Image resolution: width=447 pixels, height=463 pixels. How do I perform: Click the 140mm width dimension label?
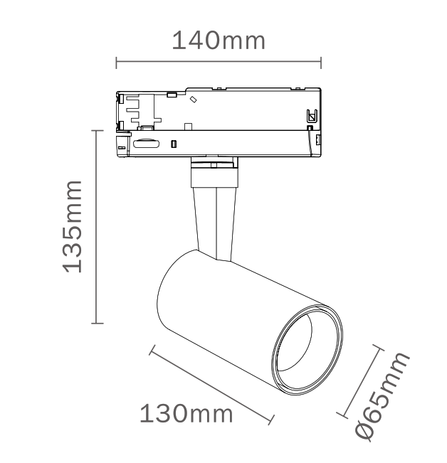tap(219, 40)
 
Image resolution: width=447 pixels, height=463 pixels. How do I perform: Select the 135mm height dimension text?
tap(72, 226)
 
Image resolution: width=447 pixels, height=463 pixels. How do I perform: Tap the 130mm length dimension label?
tap(186, 414)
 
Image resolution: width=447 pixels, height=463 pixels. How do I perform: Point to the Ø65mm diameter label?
tap(383, 396)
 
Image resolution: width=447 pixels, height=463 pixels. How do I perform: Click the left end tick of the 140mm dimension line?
tap(116, 63)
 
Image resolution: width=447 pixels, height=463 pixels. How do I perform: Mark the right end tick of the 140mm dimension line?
tap(321, 63)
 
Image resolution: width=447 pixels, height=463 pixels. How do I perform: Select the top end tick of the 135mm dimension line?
tap(98, 130)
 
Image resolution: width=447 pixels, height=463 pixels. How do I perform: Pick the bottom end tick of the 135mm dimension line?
tap(98, 324)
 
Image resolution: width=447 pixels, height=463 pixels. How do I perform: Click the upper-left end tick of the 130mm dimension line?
tap(152, 350)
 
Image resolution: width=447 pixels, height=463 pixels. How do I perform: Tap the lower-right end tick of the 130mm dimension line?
tap(271, 420)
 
